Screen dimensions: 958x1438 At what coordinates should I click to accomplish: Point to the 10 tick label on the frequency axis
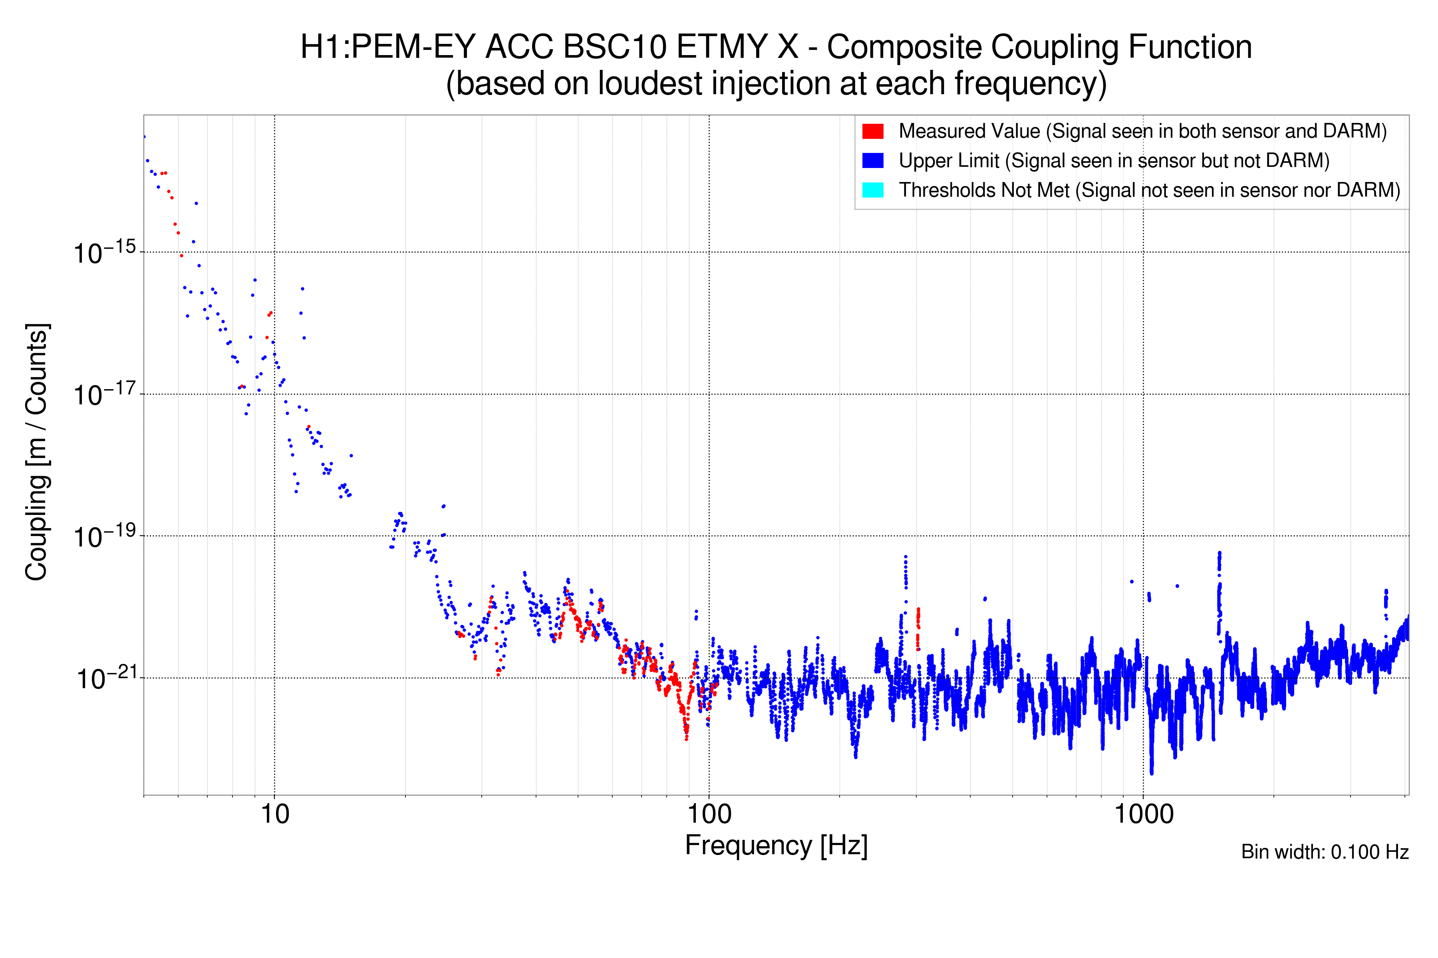274,814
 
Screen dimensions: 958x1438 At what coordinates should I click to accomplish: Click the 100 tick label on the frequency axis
709,814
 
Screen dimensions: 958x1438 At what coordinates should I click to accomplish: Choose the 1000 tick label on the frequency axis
1143,814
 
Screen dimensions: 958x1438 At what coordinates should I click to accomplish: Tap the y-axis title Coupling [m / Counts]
37,452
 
